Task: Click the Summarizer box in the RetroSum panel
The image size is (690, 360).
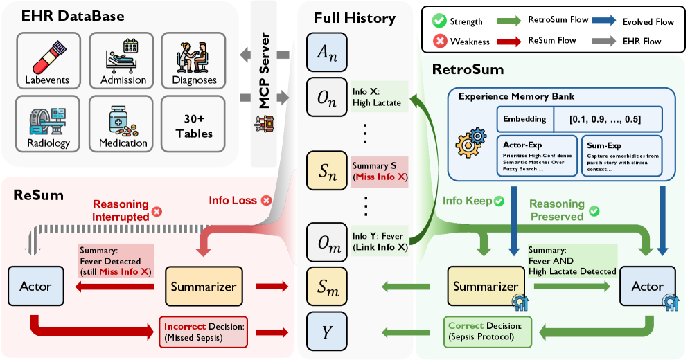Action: tap(486, 287)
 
